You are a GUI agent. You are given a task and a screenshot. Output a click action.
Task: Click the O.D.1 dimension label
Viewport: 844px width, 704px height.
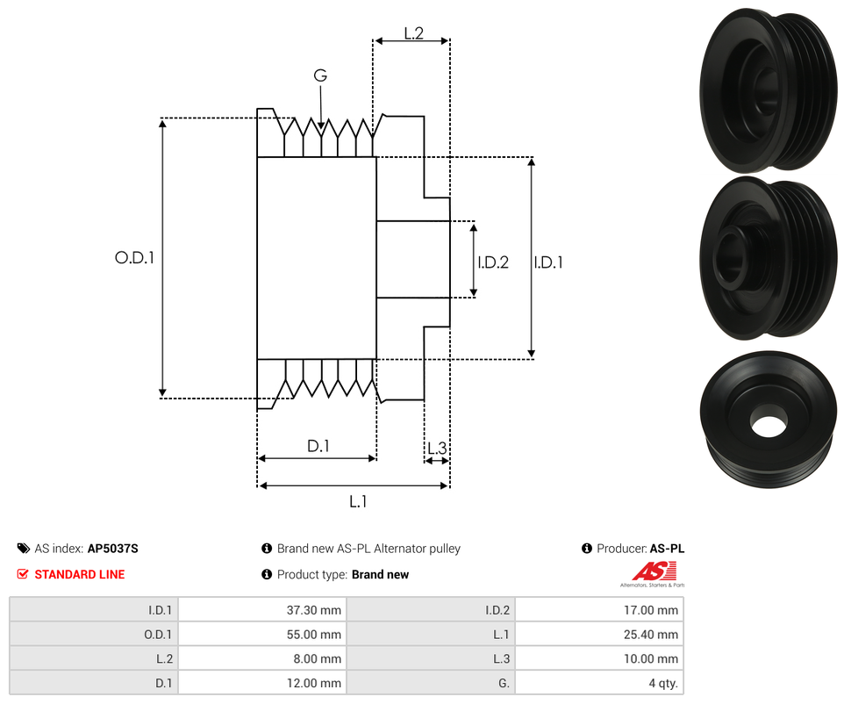134,258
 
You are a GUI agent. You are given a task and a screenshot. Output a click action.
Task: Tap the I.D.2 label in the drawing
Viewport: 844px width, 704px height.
493,262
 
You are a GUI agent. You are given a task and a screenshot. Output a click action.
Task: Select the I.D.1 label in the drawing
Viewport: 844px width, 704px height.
548,262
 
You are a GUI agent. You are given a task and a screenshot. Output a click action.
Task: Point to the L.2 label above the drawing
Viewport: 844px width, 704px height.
413,33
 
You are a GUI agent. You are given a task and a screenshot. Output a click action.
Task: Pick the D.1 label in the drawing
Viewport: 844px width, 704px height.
318,446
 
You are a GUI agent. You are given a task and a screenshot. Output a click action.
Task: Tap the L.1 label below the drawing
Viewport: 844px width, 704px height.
358,501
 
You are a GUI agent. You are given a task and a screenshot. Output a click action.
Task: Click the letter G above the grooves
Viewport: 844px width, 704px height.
320,76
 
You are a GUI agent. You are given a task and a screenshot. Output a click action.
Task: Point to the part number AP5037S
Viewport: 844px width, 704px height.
113,549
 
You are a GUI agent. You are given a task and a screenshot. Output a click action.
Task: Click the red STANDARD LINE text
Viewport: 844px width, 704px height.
79,574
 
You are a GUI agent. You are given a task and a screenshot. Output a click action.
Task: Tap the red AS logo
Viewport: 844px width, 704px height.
653,571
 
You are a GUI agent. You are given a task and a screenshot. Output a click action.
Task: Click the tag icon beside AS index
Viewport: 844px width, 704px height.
23,549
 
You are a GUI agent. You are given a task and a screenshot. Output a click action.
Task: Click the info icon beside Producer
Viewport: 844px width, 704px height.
587,549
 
